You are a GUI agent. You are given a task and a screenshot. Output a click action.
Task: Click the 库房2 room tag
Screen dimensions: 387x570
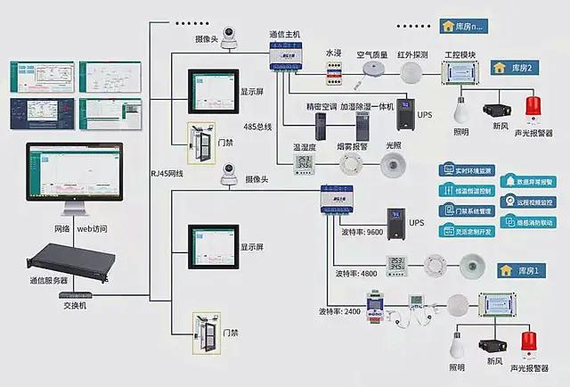pos(517,68)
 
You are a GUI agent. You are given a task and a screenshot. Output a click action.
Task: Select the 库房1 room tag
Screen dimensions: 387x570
pos(517,270)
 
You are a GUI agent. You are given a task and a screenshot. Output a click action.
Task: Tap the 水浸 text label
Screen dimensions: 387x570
pos(333,54)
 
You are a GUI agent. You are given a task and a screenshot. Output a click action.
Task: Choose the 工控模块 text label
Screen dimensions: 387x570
pos(460,54)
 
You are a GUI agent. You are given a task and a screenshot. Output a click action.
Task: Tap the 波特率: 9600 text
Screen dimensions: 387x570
pos(362,231)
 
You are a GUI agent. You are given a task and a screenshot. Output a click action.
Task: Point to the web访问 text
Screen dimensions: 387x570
pos(92,229)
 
